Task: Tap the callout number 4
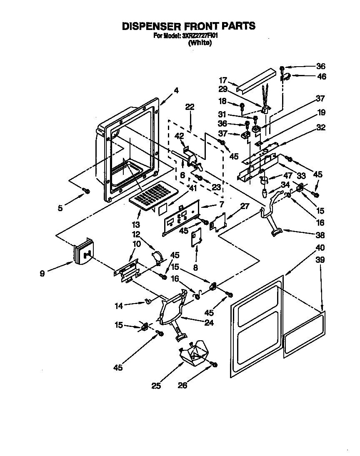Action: click(x=176, y=90)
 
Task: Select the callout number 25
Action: click(x=156, y=386)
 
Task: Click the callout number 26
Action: click(x=182, y=386)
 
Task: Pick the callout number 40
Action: click(x=320, y=248)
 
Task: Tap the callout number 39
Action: click(x=320, y=260)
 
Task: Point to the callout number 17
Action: click(x=223, y=80)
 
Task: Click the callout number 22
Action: click(x=190, y=107)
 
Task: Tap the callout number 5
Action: click(x=60, y=208)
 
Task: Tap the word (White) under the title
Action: click(x=200, y=42)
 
